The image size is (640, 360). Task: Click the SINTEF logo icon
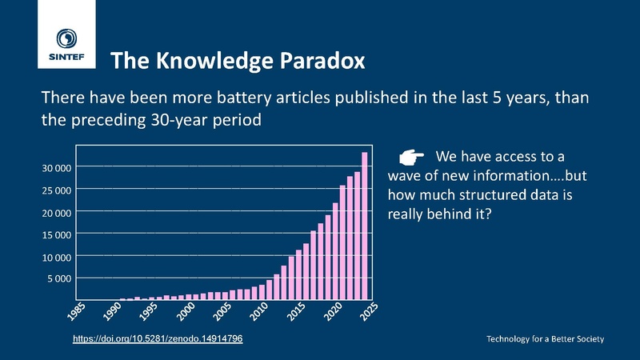[x=67, y=39]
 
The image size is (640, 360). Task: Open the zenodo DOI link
[x=158, y=339]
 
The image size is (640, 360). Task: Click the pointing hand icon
[x=410, y=155]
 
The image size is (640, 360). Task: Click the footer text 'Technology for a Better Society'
[x=546, y=339]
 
